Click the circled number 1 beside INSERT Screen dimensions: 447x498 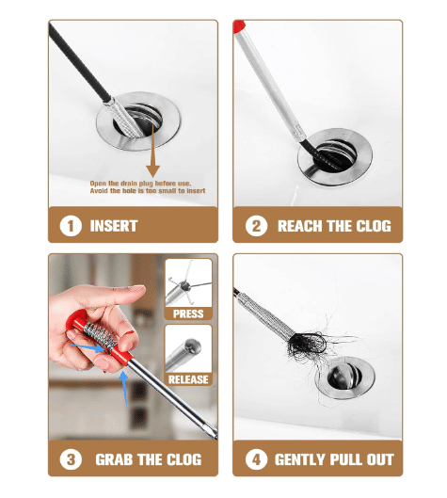(71, 226)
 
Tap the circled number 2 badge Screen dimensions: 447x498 (256, 226)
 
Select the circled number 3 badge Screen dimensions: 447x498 (71, 459)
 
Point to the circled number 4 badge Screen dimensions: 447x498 (256, 459)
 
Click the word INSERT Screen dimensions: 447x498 (114, 226)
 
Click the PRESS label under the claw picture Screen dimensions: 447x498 (188, 313)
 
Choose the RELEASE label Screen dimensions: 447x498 (188, 379)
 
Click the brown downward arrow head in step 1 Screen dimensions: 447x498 (153, 171)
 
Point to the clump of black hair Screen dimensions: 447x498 (308, 344)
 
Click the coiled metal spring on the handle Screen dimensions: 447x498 (100, 335)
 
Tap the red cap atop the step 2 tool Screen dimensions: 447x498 (238, 26)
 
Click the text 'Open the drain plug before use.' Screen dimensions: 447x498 (140, 184)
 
